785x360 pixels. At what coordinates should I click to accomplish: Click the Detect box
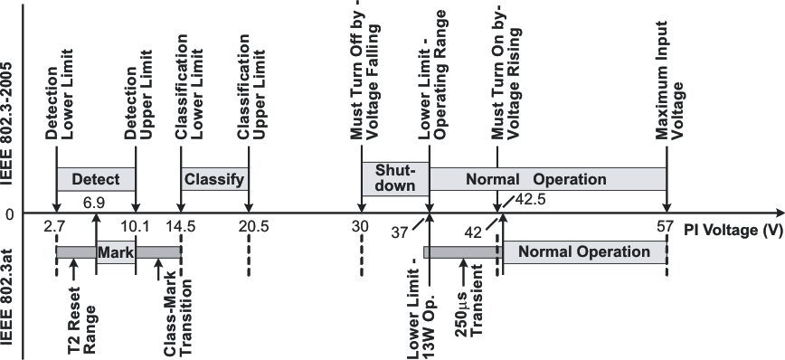[x=96, y=179]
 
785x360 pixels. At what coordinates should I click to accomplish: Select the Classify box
[x=214, y=179]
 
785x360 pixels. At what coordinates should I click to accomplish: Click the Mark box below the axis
[x=115, y=251]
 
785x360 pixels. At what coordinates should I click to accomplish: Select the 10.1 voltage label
[x=135, y=227]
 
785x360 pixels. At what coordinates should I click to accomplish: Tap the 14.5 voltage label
[x=181, y=227]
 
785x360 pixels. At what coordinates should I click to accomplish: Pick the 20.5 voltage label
[x=249, y=227]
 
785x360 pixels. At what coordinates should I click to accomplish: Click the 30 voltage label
[x=361, y=227]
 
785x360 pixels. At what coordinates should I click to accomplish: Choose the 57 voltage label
[x=667, y=227]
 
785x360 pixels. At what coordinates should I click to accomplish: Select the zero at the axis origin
[x=11, y=215]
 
